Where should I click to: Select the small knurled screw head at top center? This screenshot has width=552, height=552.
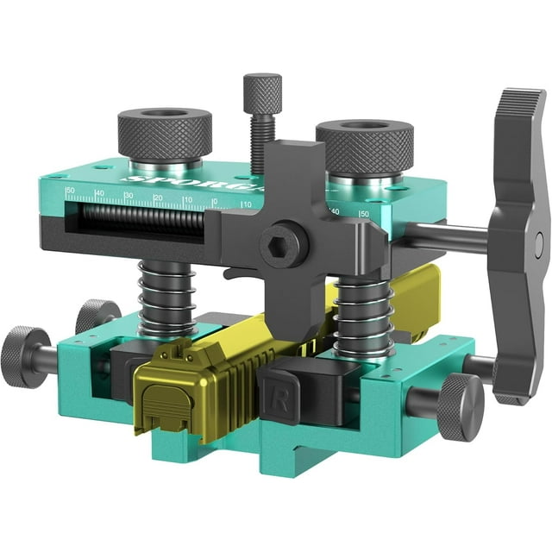262,91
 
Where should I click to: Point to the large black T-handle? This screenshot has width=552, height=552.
517,241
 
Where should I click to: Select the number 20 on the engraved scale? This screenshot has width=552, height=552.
157,200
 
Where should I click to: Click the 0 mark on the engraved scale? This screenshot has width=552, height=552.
214,204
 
